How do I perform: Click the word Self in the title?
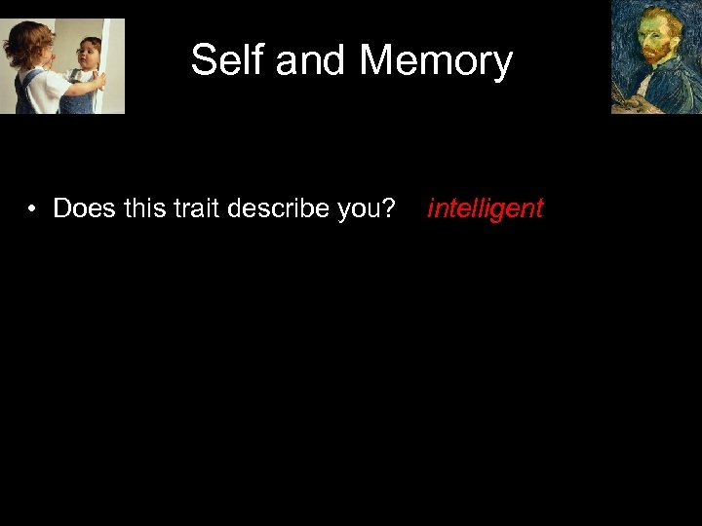228,60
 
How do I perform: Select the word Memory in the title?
436,60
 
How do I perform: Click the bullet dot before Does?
32,208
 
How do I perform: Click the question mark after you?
389,208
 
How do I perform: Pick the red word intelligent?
485,208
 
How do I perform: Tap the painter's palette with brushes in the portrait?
624,97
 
